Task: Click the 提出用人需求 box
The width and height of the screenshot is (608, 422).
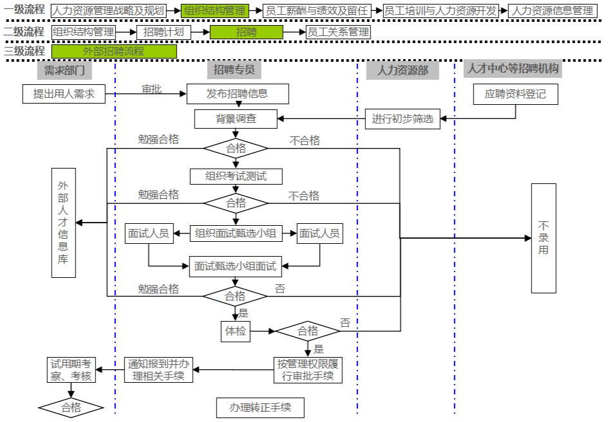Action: pos(64,94)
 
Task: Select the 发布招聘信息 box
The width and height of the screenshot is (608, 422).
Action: pos(238,94)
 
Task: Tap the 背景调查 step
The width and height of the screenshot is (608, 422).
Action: pos(236,119)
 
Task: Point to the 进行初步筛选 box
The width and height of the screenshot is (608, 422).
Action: pos(403,119)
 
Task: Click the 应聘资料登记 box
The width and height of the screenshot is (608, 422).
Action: pos(515,94)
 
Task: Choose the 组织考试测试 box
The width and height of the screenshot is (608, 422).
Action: pos(236,176)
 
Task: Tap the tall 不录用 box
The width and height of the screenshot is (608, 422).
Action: pos(543,237)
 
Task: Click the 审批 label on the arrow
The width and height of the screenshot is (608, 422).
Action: pos(152,89)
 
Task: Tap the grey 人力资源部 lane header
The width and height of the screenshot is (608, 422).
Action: pos(403,70)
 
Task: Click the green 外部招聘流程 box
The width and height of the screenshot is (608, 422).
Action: pos(114,51)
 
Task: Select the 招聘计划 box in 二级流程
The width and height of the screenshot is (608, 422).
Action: pos(164,32)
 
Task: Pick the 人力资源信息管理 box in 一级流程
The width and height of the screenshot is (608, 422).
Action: pos(552,10)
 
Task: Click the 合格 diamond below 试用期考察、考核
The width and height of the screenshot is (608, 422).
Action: pos(71,407)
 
